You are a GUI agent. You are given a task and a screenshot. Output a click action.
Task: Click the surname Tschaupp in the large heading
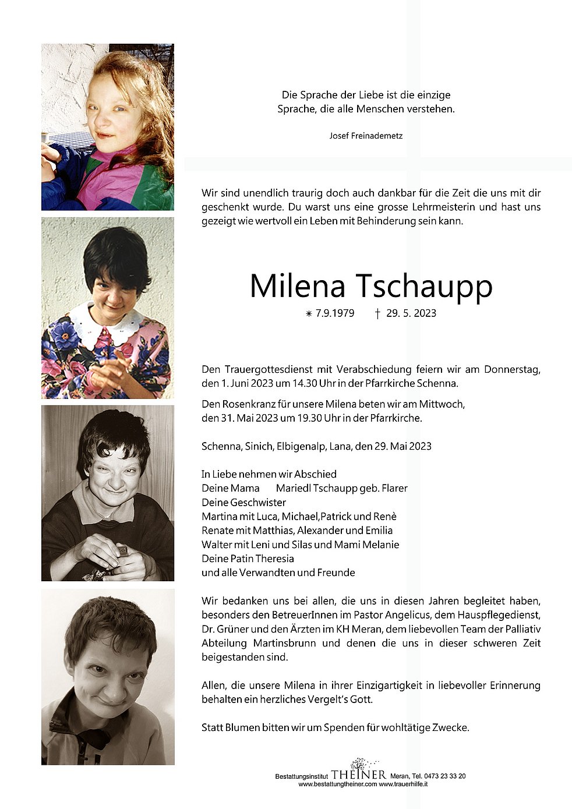click(423, 285)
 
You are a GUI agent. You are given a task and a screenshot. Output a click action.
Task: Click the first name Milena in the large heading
click(298, 285)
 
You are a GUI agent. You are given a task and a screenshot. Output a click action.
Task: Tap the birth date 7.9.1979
click(335, 313)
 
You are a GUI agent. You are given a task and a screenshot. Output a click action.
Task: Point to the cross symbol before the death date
click(377, 313)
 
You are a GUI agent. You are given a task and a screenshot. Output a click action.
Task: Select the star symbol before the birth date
click(309, 314)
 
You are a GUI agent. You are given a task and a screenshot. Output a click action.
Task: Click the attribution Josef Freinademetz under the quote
click(366, 136)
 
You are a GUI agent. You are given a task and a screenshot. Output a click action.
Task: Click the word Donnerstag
click(512, 369)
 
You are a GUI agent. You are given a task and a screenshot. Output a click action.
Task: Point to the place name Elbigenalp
click(297, 446)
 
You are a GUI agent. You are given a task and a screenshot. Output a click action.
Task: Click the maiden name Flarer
click(393, 488)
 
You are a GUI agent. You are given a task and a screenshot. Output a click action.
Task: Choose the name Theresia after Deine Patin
click(274, 558)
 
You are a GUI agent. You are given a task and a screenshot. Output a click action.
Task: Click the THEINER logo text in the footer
click(359, 775)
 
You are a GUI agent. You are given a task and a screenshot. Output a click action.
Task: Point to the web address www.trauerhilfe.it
click(404, 784)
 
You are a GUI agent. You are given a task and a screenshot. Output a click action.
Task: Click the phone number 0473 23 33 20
click(444, 776)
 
